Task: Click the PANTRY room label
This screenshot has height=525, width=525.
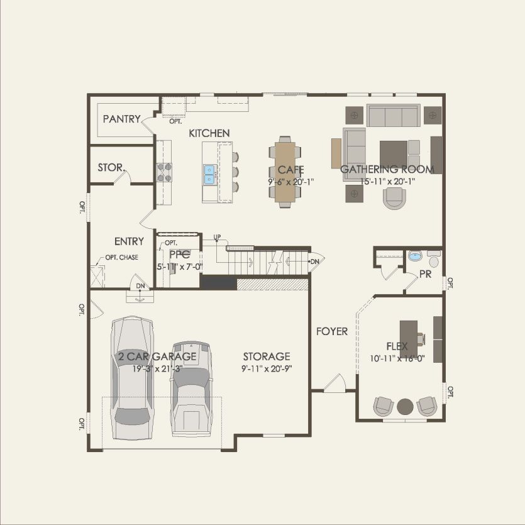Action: (x=121, y=119)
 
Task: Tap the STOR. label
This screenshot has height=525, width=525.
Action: (x=111, y=168)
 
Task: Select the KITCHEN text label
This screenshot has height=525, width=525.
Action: (x=209, y=133)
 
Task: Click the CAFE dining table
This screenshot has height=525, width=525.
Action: (x=285, y=172)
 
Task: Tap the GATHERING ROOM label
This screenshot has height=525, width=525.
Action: (x=387, y=169)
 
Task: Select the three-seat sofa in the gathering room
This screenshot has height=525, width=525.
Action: (x=394, y=116)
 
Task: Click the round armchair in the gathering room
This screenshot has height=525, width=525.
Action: (x=395, y=198)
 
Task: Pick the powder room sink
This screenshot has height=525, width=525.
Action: (x=415, y=256)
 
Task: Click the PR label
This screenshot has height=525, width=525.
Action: (x=425, y=274)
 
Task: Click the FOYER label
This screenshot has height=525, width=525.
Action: (x=332, y=331)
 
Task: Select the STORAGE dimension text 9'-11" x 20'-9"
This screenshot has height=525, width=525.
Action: (x=267, y=368)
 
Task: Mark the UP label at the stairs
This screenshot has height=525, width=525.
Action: (x=218, y=238)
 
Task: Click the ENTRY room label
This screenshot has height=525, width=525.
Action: (x=129, y=241)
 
